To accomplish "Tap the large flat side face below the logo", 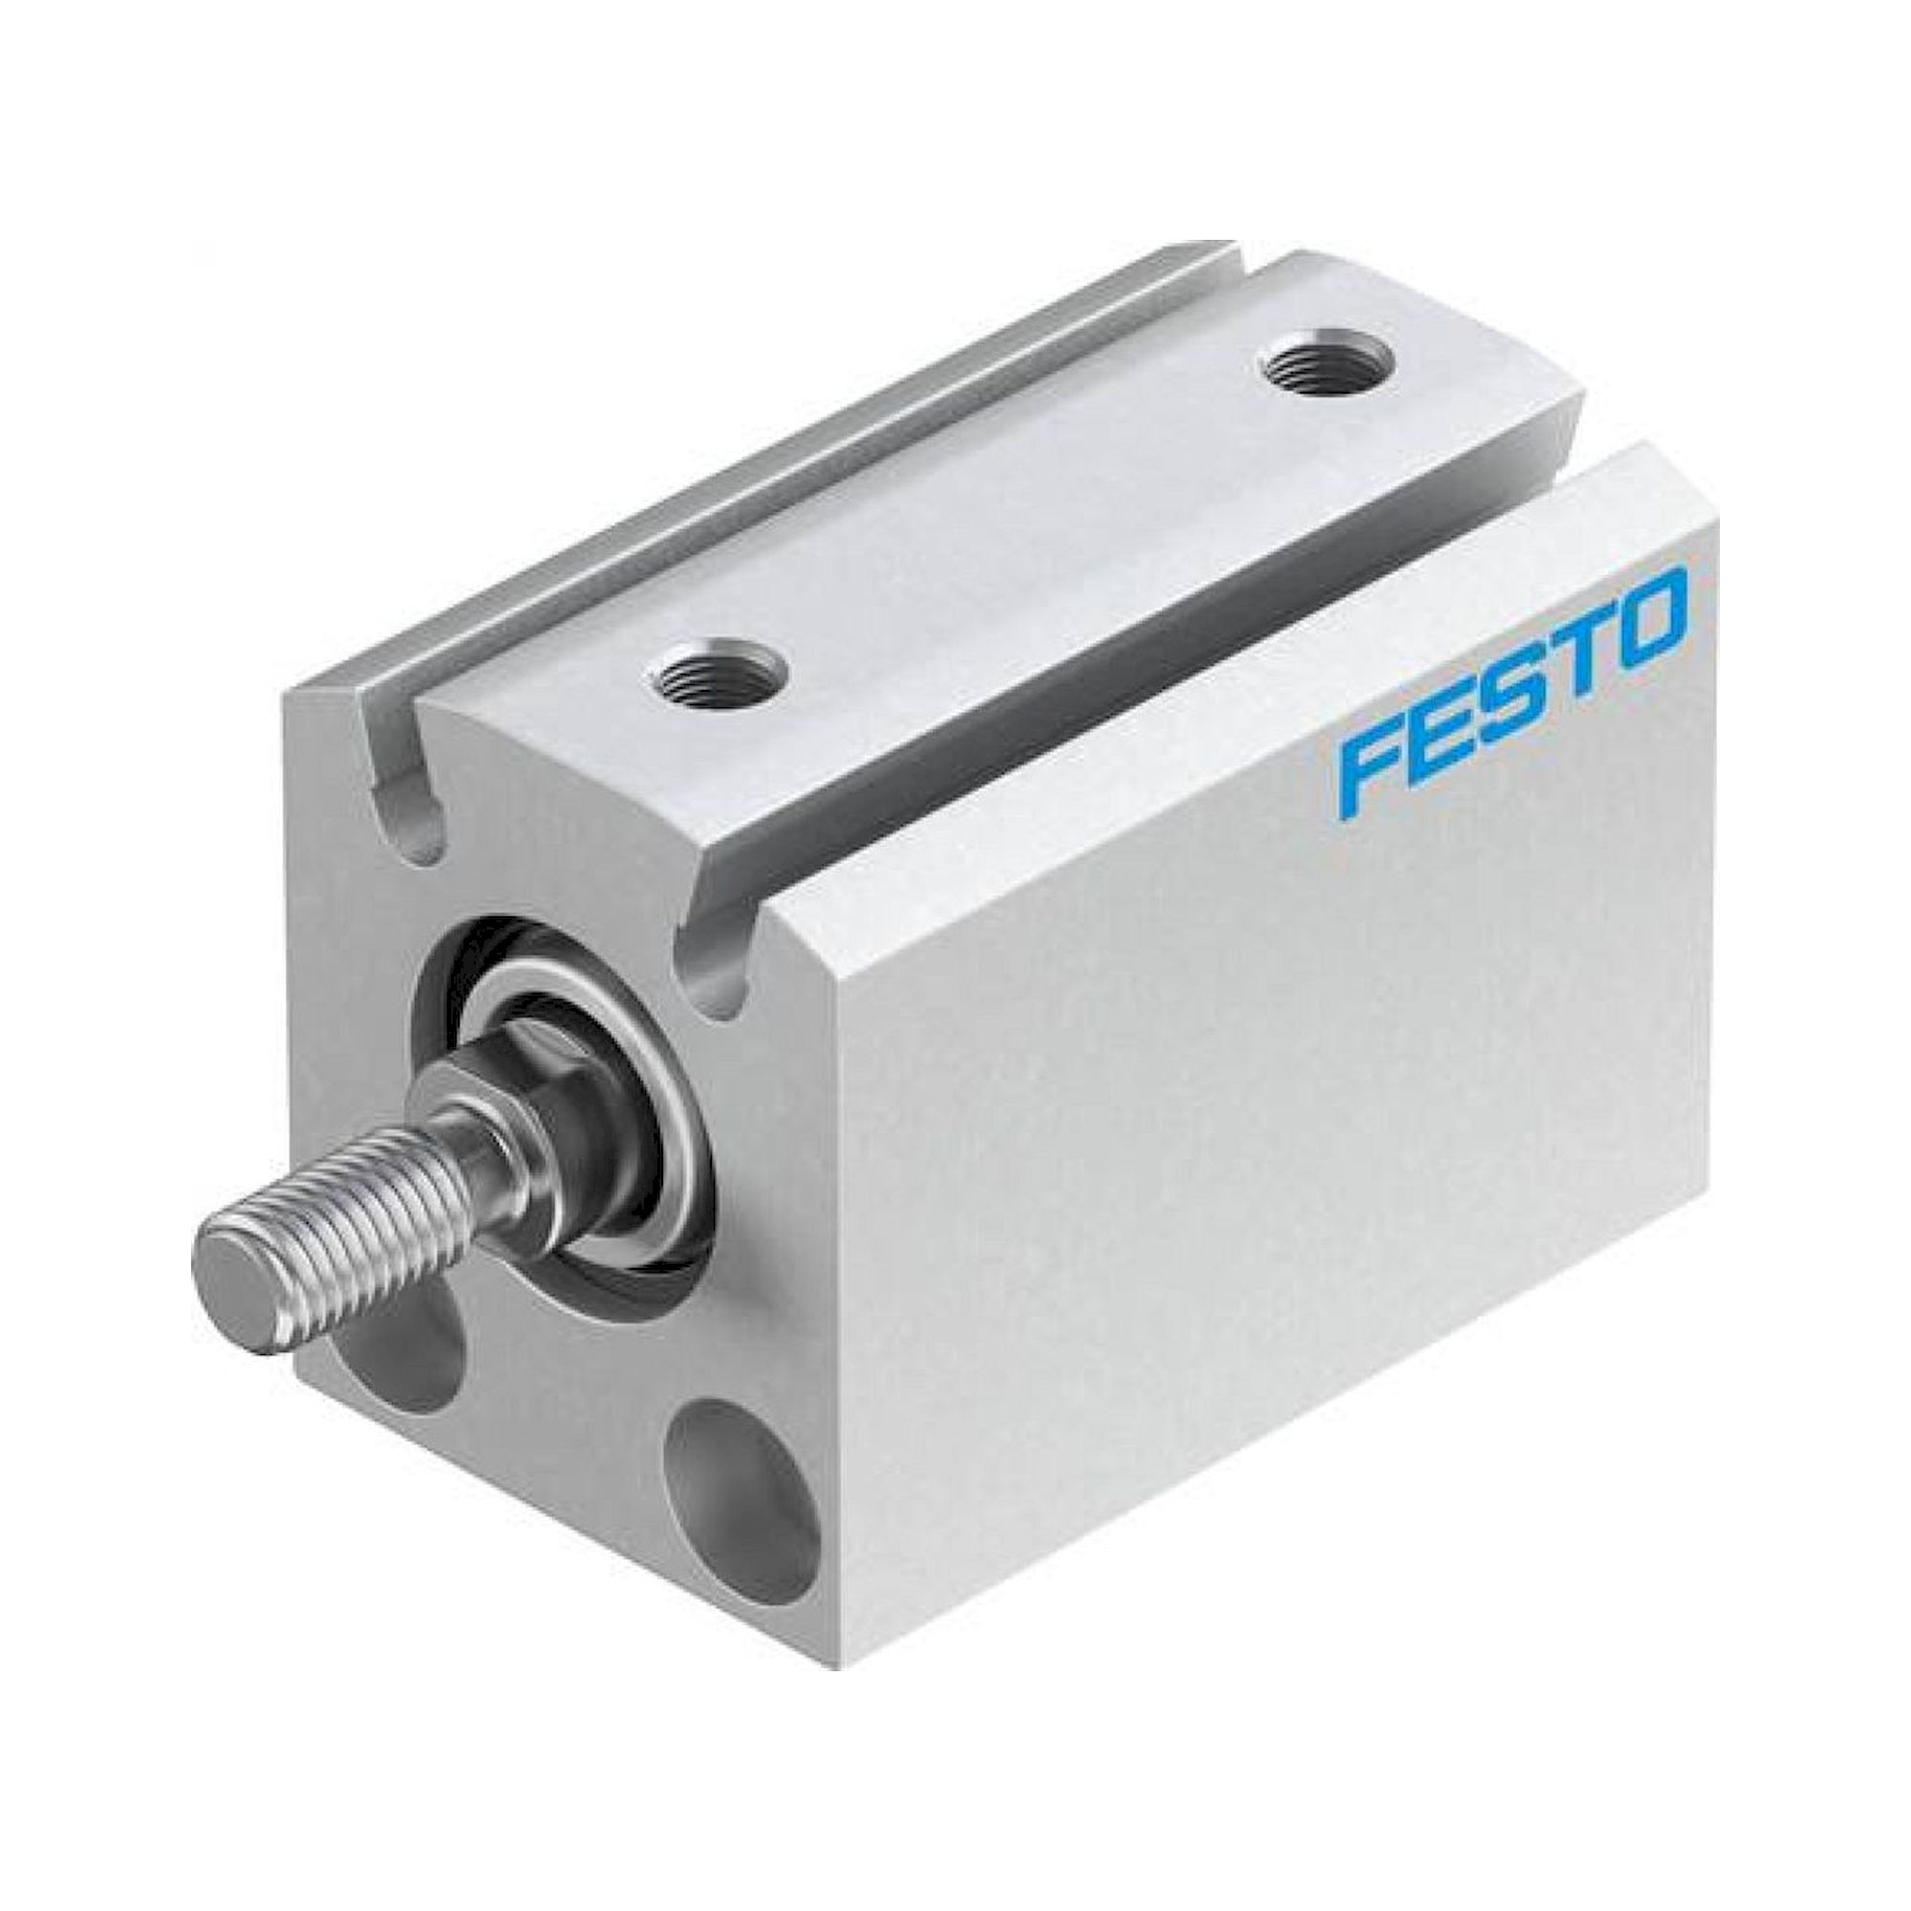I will [x=1236, y=1137].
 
